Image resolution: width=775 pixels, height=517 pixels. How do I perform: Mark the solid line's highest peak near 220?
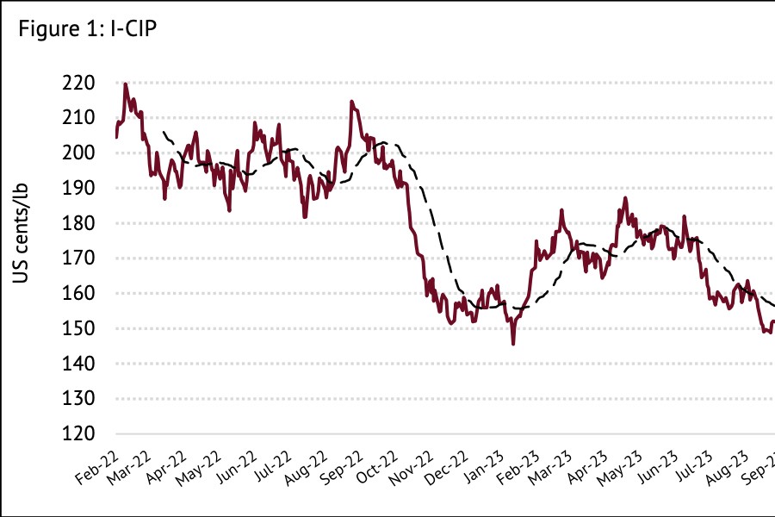126,84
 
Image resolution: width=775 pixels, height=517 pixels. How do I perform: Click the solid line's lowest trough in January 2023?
513,344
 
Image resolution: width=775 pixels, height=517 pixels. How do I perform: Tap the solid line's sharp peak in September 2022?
351,102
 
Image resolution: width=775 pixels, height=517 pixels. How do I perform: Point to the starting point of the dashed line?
164,132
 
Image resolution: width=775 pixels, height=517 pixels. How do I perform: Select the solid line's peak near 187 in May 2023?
625,198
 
